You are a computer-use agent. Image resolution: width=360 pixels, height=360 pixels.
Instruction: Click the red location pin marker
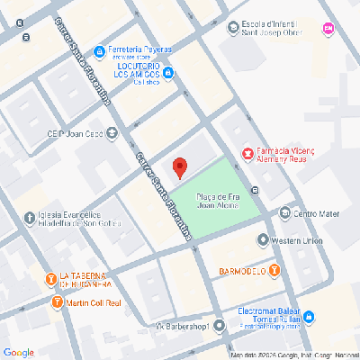(x=179, y=167)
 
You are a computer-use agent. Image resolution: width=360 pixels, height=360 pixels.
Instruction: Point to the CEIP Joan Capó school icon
(x=112, y=134)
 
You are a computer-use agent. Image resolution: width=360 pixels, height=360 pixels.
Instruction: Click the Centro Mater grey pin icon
(x=285, y=213)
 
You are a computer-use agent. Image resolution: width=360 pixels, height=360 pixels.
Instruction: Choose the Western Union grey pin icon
(x=263, y=240)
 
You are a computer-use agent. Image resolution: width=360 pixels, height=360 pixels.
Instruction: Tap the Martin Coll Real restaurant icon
(x=58, y=301)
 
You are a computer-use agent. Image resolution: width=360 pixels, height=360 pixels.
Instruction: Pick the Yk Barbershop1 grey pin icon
(x=218, y=325)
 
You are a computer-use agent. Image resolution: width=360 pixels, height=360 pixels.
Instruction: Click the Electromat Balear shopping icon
(x=309, y=317)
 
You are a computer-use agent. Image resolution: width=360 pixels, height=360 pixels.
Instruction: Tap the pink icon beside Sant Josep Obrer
(x=328, y=28)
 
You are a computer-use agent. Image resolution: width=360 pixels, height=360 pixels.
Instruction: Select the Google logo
(x=18, y=351)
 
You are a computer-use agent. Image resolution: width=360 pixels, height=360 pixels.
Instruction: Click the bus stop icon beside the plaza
(x=256, y=190)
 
